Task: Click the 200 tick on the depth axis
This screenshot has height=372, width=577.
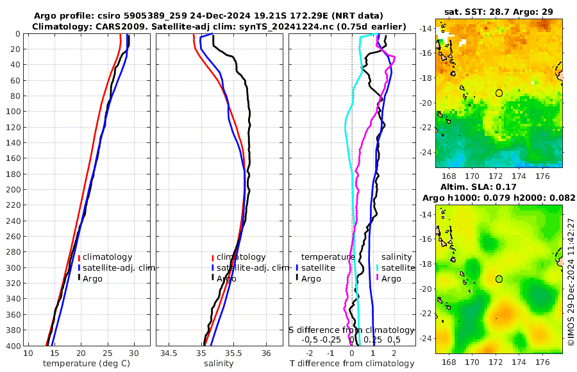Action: point(13,190)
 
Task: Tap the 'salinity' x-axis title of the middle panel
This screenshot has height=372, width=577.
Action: point(218,364)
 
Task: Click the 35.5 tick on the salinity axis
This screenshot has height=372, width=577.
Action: point(234,353)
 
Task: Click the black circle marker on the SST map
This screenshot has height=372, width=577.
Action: point(499,93)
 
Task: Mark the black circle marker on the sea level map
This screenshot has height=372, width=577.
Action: point(499,278)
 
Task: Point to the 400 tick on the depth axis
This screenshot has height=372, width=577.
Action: point(13,346)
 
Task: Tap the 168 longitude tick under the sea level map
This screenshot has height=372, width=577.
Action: point(449,361)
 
